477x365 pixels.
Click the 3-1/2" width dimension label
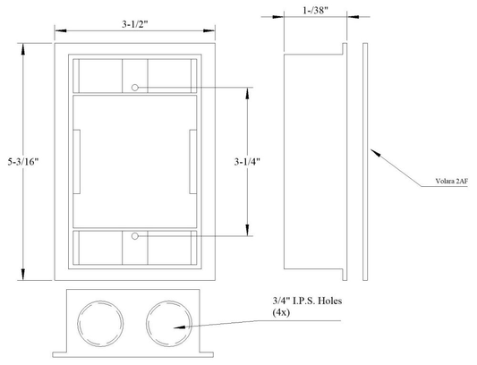point(135,24)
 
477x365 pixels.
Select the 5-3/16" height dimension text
point(24,162)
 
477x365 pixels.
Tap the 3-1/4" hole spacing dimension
point(247,162)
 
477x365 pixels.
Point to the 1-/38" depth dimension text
point(316,11)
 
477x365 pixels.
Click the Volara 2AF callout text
point(451,182)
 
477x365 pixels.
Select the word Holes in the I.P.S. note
point(329,301)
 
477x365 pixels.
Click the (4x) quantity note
point(281,312)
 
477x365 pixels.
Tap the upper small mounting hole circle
point(135,88)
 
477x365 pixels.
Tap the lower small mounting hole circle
point(135,236)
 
